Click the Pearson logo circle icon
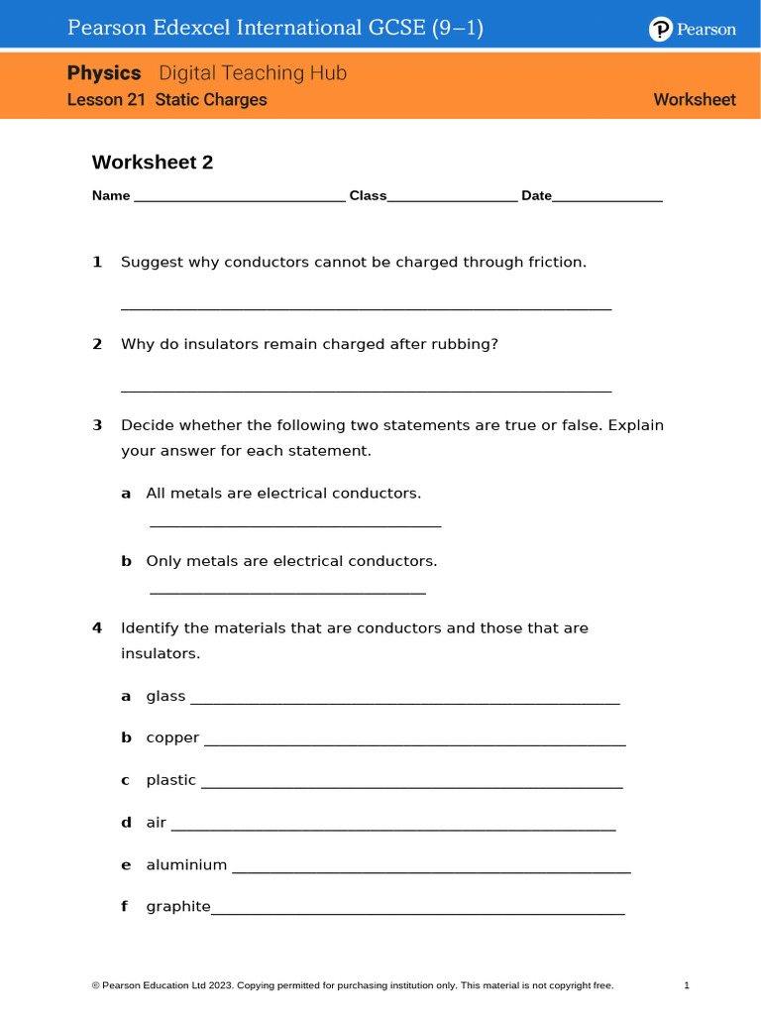661,30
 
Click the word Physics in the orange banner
104,73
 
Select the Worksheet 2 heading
153,163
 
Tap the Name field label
111,196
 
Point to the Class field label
368,196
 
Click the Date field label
536,196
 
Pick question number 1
97,263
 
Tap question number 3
97,426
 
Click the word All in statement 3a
157,494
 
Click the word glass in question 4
165,697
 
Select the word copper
172,738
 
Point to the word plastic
171,781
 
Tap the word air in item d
157,823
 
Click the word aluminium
186,865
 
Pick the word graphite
178,907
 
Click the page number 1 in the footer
687,985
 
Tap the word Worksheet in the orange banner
695,100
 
